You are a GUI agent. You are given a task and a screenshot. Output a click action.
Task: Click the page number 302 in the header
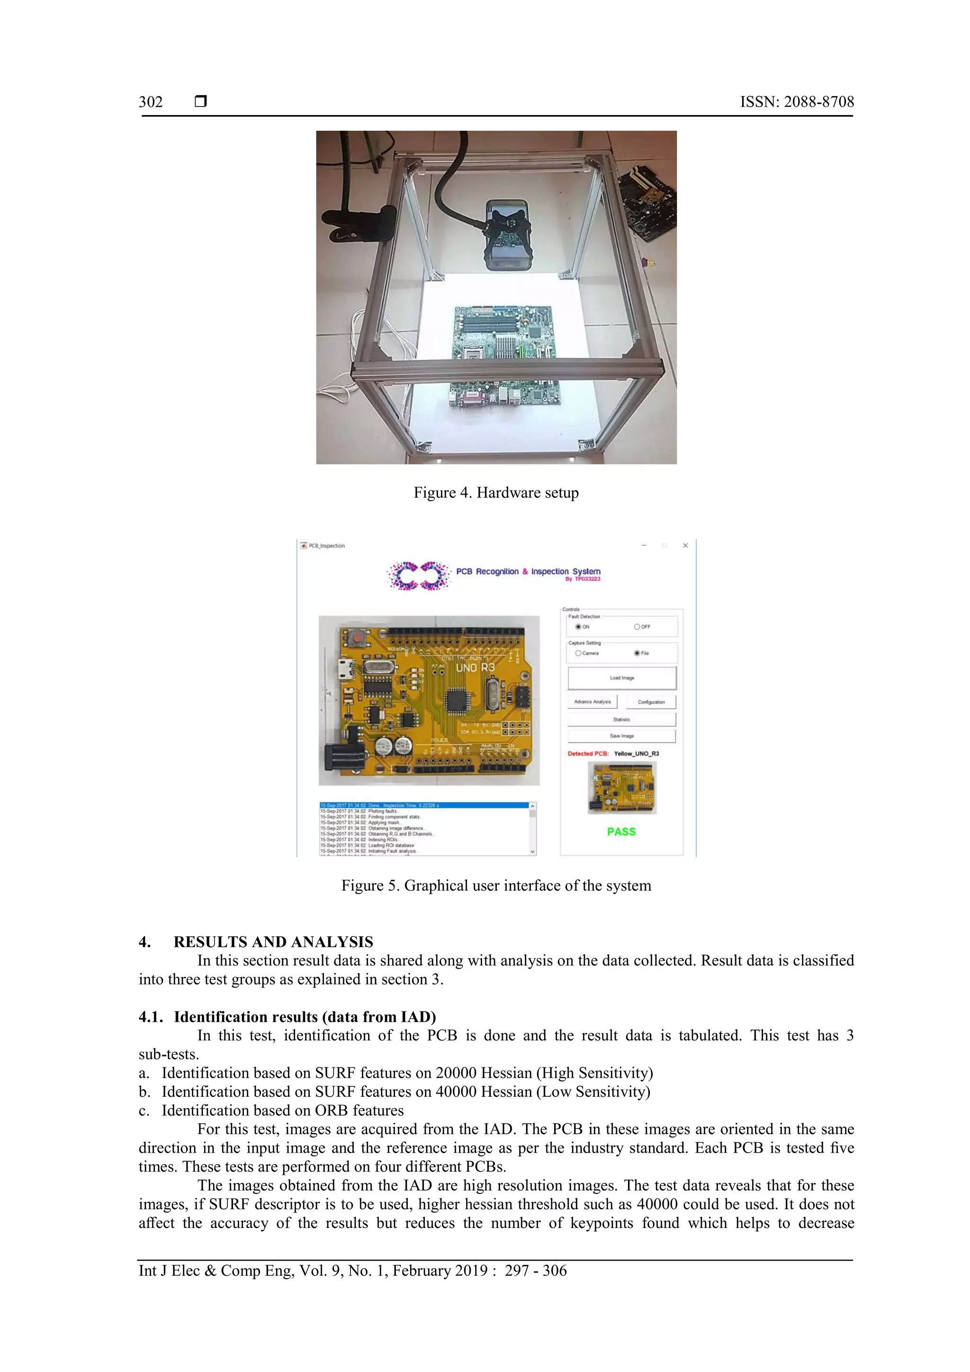pos(151,101)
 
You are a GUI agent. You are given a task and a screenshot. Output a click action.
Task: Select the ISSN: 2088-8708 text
pos(797,101)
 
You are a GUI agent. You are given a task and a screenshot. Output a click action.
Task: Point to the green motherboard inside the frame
pos(505,352)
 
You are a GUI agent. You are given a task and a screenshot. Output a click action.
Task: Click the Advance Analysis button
pos(592,702)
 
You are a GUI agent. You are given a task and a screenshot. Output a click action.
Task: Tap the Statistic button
pos(621,720)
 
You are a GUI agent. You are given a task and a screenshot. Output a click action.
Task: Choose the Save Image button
pos(621,736)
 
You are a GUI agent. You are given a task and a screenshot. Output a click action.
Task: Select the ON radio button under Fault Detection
pos(578,627)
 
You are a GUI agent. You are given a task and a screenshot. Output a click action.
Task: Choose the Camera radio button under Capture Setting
pos(578,653)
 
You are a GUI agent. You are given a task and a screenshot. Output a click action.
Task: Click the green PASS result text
pos(621,831)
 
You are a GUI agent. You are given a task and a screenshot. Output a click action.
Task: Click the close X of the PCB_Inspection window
pos(685,546)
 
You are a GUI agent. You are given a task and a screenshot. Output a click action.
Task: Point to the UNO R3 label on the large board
pos(475,668)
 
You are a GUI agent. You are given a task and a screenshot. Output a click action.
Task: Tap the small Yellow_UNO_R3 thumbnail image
pos(622,787)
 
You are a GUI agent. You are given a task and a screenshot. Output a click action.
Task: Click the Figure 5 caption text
pos(496,885)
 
